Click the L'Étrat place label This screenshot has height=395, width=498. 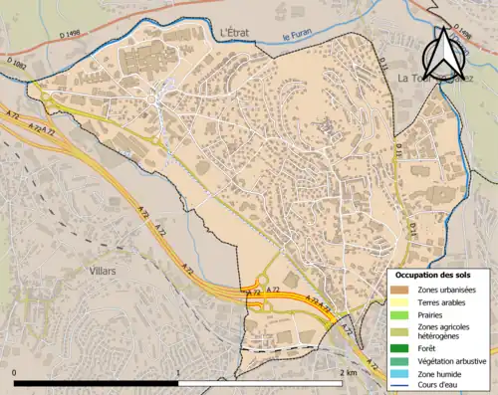pos(238,33)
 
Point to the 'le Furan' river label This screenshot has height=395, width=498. pos(298,38)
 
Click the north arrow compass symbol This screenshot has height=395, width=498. pos(445,55)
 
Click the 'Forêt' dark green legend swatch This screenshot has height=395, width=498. pos(398,348)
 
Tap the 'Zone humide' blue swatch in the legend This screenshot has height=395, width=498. pos(398,372)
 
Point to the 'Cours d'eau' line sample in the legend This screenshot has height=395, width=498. pos(398,385)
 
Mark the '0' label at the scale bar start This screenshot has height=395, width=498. pos(14,371)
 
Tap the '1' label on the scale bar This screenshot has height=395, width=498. pos(178,371)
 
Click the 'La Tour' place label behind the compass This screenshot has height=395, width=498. pos(418,77)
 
